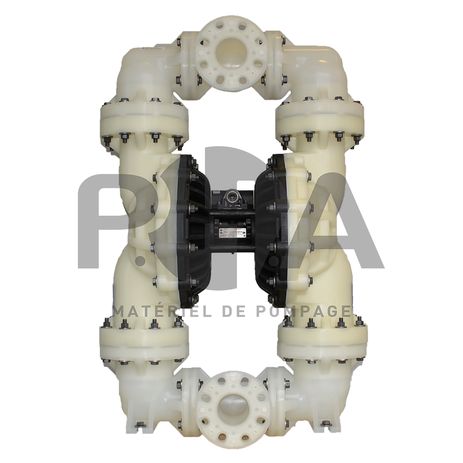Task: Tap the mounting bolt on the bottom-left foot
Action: tap(138, 423)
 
